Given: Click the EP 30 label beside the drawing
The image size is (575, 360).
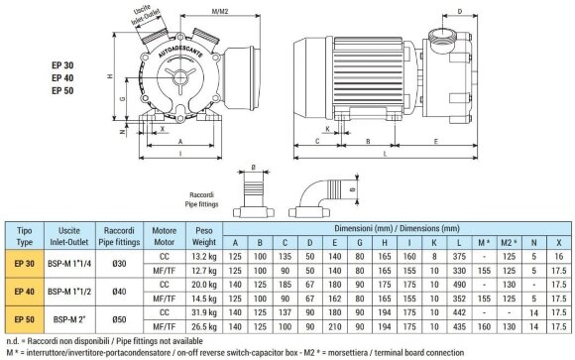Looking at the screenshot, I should tap(63, 65).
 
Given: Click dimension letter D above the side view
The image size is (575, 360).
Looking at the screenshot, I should tap(516, 13).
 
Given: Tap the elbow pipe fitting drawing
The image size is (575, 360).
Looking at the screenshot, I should tap(320, 195).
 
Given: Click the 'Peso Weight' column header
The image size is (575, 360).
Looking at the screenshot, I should tap(204, 234).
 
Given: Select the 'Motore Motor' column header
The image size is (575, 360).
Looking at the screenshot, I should tap(163, 234).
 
